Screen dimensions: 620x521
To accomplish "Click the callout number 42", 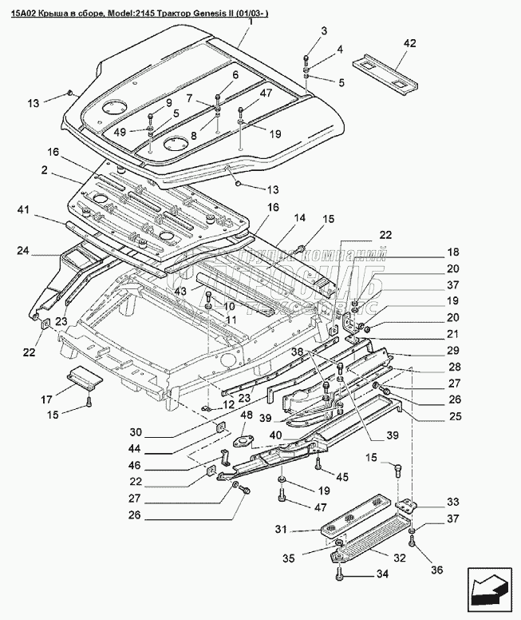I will [409, 43].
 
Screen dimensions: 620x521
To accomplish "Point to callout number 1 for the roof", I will [249, 22].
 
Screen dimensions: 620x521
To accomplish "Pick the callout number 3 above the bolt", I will [324, 30].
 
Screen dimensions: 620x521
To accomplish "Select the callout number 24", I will [24, 251].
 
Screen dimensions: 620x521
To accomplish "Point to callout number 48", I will [246, 415].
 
